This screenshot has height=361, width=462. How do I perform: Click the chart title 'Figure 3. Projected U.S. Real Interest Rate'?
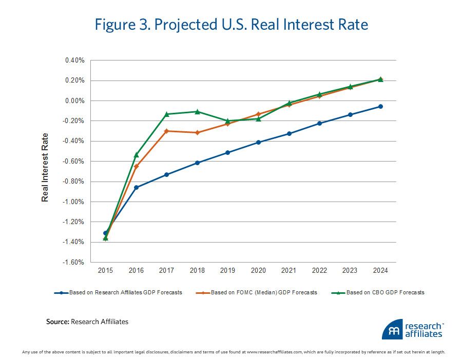click(x=230, y=25)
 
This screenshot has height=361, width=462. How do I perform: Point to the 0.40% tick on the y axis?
click(x=74, y=61)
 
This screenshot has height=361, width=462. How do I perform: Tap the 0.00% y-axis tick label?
click(x=74, y=101)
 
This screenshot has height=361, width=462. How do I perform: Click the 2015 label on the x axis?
click(x=106, y=270)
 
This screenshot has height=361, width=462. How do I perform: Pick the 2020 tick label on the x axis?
click(x=258, y=270)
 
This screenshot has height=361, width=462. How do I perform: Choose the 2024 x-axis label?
click(x=380, y=270)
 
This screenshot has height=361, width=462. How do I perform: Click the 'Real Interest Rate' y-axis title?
click(x=45, y=167)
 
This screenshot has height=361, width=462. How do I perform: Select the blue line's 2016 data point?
click(x=136, y=187)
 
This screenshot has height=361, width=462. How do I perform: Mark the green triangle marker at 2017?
click(x=166, y=114)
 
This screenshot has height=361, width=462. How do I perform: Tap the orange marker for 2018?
click(x=197, y=132)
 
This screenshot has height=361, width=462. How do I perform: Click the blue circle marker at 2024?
click(x=380, y=106)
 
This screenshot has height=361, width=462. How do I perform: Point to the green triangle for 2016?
click(x=136, y=154)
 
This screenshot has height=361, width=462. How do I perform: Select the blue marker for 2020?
click(x=258, y=142)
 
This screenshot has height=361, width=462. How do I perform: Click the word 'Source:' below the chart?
click(x=57, y=322)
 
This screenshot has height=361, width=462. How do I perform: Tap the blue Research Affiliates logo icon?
click(x=392, y=330)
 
